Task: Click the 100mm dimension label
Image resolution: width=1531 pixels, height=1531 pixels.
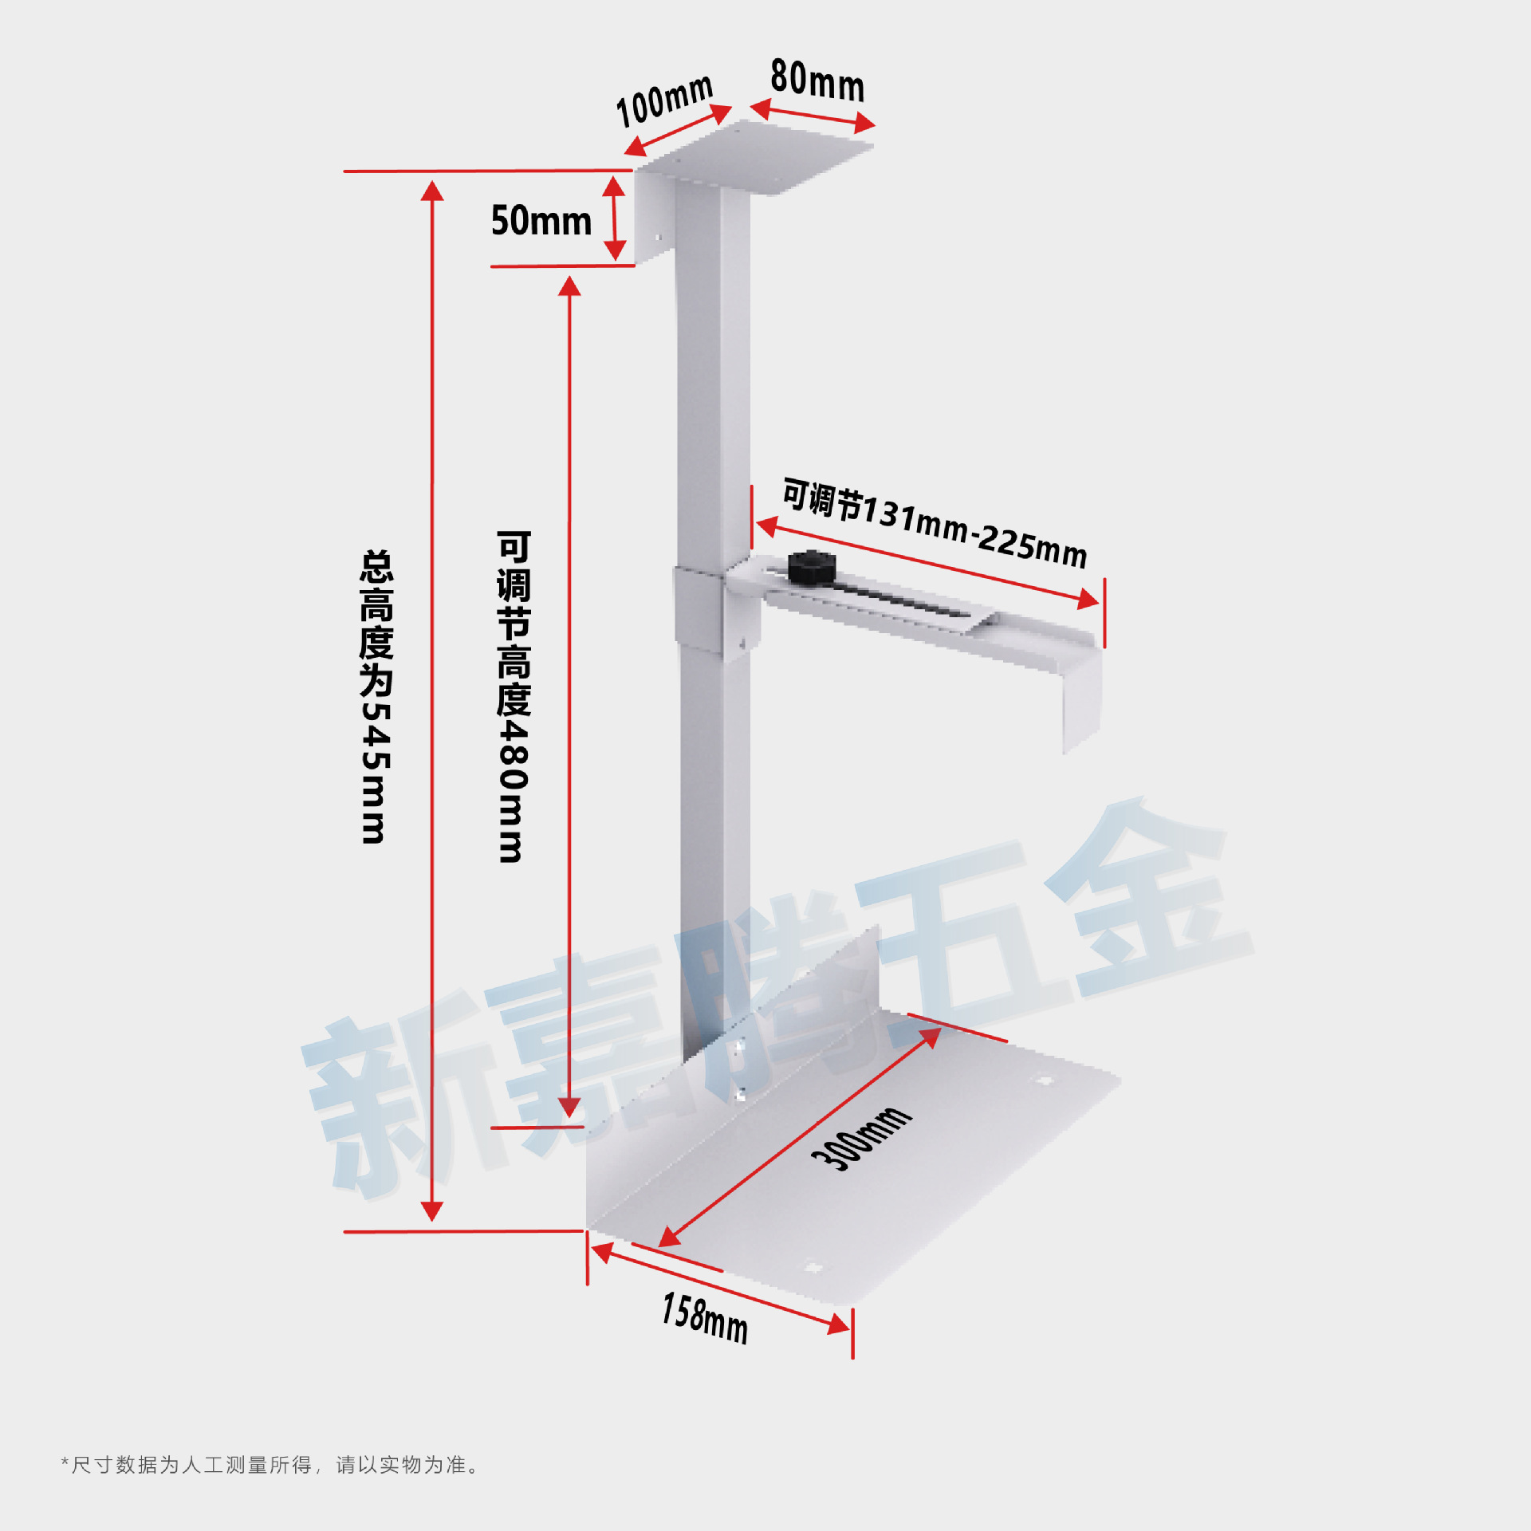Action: pos(664,100)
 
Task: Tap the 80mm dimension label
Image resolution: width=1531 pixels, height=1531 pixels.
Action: pos(817,81)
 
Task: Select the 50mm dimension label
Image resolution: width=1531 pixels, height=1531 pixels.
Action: pos(541,221)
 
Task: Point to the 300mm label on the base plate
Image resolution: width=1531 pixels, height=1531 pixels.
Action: pos(861,1138)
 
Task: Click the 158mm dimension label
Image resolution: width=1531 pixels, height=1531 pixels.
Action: pos(705,1319)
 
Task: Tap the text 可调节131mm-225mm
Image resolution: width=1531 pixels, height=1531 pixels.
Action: pos(935,524)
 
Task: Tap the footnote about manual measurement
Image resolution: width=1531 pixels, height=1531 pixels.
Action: pos(270,1465)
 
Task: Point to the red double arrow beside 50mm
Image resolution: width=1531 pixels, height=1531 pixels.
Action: pos(614,218)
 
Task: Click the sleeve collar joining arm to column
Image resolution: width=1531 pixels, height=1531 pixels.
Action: pos(699,610)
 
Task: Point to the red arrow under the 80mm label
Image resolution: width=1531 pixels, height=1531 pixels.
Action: pos(813,116)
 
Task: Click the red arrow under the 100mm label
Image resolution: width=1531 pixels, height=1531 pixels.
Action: pos(678,130)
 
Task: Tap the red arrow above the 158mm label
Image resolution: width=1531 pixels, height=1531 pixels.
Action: pos(722,1289)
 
